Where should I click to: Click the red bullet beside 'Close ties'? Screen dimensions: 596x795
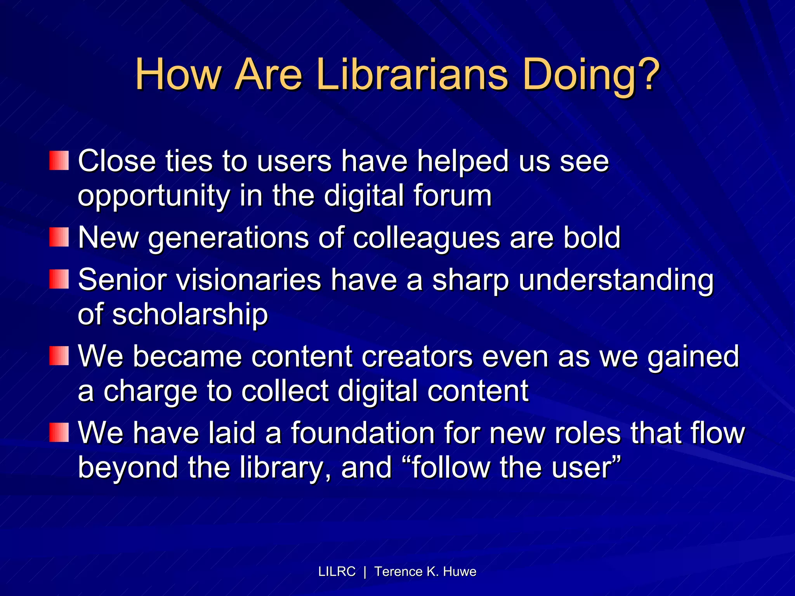coord(59,161)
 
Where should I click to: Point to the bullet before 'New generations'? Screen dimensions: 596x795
coord(59,237)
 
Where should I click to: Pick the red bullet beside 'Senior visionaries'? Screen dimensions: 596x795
coord(59,279)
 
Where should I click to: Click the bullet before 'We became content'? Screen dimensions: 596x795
coord(59,356)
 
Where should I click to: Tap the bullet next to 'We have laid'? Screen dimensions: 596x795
coord(59,433)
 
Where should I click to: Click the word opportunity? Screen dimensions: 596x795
coord(154,196)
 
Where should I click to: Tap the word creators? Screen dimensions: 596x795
coord(417,356)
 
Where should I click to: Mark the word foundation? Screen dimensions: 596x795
coord(363,433)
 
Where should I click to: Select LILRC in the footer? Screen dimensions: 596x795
coord(337,572)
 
